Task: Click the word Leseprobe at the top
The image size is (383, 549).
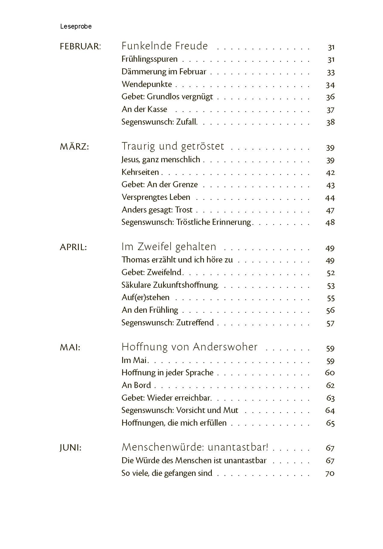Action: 76,26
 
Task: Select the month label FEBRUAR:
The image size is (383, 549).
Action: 80,47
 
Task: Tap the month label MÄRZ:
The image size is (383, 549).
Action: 74,147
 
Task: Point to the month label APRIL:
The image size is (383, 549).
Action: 73,247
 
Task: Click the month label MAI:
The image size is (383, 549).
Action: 70,348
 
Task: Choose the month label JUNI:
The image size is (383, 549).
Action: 71,448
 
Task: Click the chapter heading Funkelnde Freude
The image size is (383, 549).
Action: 165,46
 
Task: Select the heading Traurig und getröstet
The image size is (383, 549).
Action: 173,146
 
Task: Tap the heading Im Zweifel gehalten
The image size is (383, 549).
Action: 169,247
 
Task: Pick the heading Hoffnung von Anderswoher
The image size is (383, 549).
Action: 190,347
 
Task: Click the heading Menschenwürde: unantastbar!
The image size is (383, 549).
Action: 195,447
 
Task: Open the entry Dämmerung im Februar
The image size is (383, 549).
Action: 164,72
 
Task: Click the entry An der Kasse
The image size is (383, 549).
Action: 144,109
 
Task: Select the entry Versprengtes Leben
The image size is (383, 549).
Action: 156,197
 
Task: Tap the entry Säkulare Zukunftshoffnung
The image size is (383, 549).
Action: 170,285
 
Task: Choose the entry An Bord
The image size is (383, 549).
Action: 136,385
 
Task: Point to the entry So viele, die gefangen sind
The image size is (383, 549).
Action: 167,473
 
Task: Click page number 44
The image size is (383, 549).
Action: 330,198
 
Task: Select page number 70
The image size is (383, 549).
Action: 330,473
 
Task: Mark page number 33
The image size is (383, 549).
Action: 331,73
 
